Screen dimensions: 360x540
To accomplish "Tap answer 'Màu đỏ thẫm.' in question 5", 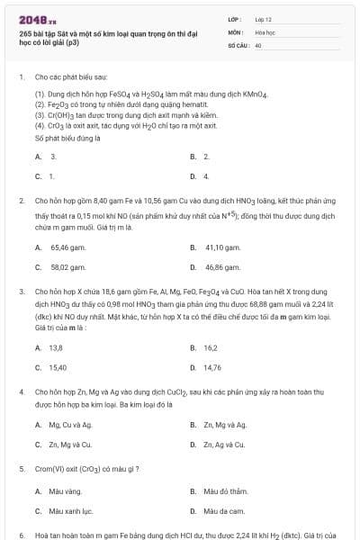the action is (225, 491).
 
